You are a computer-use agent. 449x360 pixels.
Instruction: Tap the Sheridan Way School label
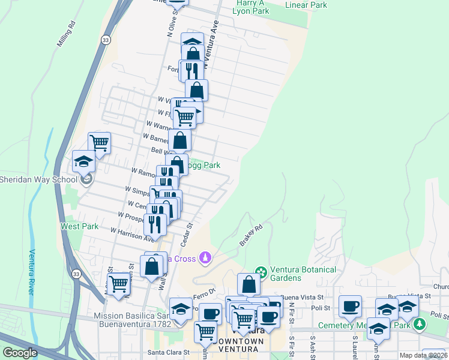click(38, 179)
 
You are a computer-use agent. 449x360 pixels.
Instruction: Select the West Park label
click(79, 226)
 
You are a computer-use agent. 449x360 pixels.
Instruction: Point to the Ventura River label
click(32, 271)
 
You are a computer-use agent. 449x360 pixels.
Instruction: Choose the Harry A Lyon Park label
click(252, 7)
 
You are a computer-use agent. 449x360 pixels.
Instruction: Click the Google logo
click(20, 353)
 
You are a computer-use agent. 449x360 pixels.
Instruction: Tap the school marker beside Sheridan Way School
click(83, 161)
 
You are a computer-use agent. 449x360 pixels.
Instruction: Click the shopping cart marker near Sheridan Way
click(99, 143)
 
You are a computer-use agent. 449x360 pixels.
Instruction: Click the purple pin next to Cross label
click(206, 257)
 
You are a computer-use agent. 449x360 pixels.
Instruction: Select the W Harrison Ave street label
click(131, 234)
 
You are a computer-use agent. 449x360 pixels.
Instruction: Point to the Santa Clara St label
click(169, 353)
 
